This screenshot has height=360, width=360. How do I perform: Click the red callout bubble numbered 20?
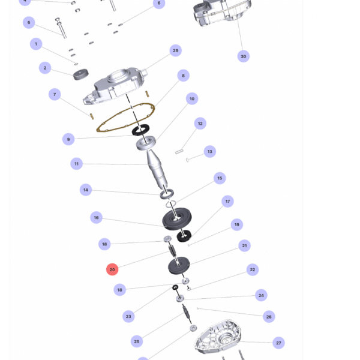[x=112, y=269]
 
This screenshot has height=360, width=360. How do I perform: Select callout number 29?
[x=176, y=50]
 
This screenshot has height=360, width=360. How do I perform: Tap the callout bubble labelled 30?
[x=244, y=56]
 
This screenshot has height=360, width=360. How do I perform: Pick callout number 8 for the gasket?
[x=183, y=76]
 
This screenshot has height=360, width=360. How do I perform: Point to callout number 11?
[x=76, y=164]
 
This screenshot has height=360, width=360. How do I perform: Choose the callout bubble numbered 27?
[x=278, y=343]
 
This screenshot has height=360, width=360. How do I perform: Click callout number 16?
[x=96, y=217]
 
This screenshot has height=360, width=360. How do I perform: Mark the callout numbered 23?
[x=128, y=316]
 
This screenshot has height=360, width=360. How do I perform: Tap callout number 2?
[x=45, y=68]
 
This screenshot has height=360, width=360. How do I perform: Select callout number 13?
[x=210, y=152]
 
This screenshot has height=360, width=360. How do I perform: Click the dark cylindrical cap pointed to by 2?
[x=80, y=74]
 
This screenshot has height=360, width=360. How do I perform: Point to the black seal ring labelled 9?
[x=140, y=130]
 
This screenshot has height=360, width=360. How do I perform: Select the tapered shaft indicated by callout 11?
[x=157, y=169]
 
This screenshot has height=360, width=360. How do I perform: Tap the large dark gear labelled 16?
[x=177, y=219]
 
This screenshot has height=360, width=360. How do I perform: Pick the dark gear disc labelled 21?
[x=179, y=265]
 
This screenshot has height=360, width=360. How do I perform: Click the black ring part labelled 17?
[x=184, y=236]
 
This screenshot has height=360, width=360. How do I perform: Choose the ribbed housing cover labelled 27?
[x=218, y=337]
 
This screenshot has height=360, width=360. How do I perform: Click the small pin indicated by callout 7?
[x=92, y=116]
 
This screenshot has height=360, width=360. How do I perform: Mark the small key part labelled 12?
[x=179, y=151]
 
